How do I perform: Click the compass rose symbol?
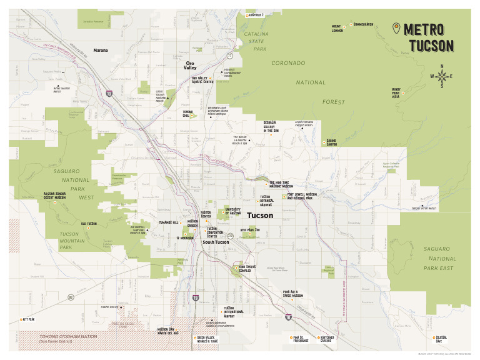442,77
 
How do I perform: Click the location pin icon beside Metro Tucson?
396,29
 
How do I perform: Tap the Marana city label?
101,50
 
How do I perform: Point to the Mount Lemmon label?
337,29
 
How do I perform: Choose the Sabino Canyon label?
331,142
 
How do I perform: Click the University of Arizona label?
233,211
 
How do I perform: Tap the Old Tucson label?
88,223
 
